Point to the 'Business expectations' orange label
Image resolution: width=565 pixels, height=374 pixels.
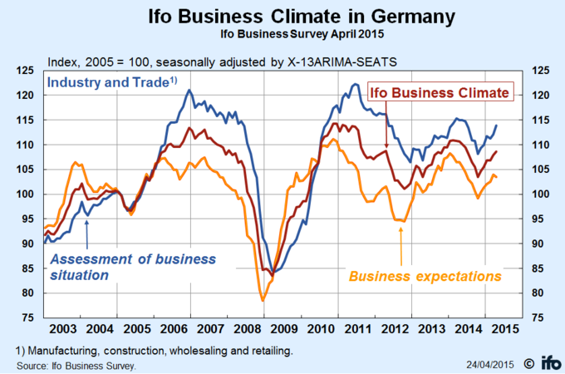[x=425, y=275]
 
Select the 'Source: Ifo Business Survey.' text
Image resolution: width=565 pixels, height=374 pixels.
[x=76, y=365]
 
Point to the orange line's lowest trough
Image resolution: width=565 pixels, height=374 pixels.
[x=263, y=300]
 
